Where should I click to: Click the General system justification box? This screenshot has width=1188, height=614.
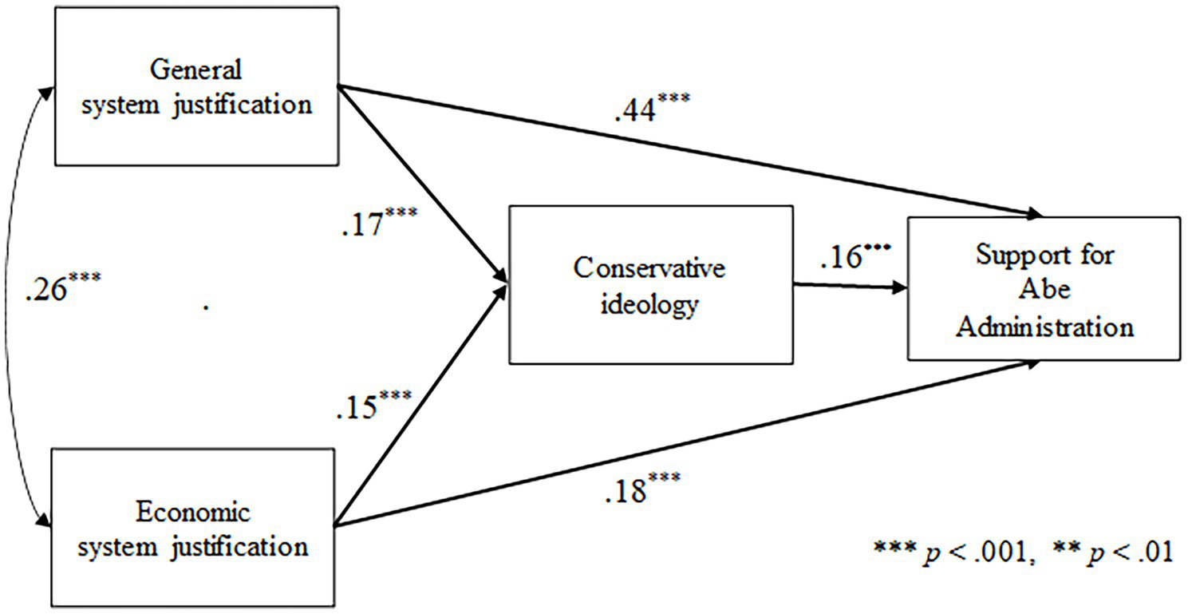click(x=197, y=86)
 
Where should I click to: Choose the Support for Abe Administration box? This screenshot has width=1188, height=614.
click(x=1044, y=287)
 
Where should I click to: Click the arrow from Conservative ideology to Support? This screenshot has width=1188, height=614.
click(x=849, y=286)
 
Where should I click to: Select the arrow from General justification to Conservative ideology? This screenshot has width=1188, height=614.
click(x=424, y=183)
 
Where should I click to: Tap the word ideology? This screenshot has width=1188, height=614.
click(x=649, y=306)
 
